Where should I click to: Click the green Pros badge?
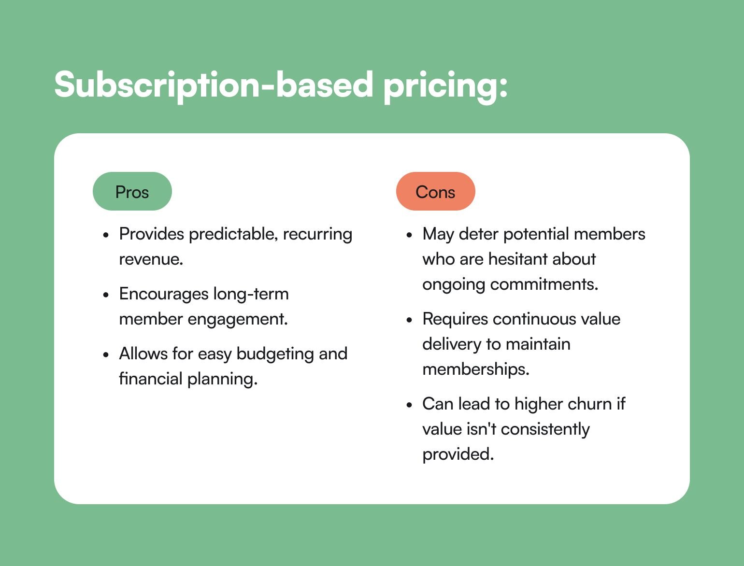[132, 191]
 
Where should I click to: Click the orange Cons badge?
[436, 191]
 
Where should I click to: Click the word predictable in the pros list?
[233, 234]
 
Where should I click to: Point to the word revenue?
[151, 259]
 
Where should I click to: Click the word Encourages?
[164, 294]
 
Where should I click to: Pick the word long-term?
[251, 294]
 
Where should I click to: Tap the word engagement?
[238, 320]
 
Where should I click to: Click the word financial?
[151, 379]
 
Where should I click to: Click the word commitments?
[544, 284]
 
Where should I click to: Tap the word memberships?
[476, 369]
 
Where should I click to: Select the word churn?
[589, 404]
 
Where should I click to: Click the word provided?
[458, 454]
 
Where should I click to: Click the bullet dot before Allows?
[106, 355]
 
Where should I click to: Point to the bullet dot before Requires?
[410, 320]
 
